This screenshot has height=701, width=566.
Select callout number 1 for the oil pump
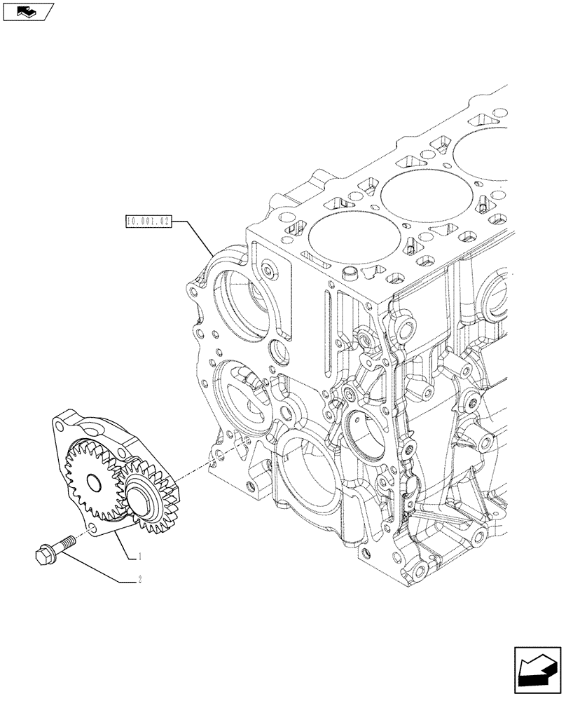coord(140,557)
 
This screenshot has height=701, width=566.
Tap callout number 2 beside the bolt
coord(140,580)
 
